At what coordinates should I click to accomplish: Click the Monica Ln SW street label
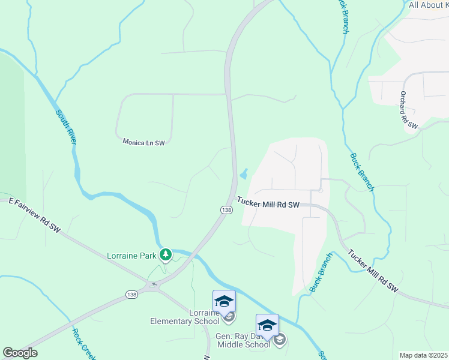(143, 143)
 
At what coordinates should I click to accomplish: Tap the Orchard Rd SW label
(409, 109)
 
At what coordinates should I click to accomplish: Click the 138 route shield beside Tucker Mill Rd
(226, 209)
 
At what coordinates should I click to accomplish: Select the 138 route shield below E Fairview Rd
(132, 294)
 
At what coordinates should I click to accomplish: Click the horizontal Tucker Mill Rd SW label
(268, 204)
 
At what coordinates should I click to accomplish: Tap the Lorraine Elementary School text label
(184, 317)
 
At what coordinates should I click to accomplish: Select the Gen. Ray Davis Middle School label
(243, 340)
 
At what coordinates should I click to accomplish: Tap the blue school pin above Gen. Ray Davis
(267, 325)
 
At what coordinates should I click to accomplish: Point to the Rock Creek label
(83, 344)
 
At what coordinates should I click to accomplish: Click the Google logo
(20, 353)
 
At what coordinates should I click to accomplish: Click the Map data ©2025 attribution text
(424, 355)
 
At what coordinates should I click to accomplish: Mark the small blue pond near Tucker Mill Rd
(244, 175)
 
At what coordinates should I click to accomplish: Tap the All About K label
(429, 5)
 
